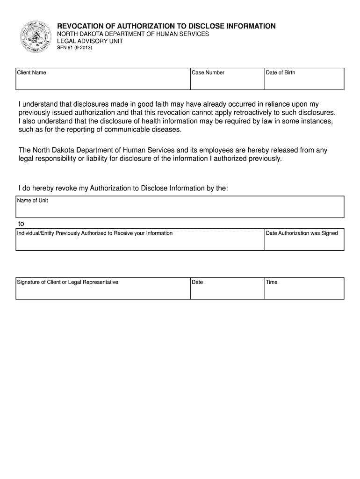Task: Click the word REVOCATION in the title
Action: [x=80, y=26]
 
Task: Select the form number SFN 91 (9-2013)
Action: [x=74, y=48]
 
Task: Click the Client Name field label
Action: [x=31, y=73]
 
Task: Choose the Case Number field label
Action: [x=208, y=73]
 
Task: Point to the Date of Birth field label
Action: [x=281, y=73]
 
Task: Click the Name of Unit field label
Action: [x=32, y=201]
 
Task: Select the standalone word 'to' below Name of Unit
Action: [x=21, y=224]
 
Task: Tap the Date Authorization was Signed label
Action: [x=302, y=233]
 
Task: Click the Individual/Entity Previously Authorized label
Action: [x=95, y=233]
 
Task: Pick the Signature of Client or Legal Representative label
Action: [x=68, y=282]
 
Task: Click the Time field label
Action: [x=272, y=282]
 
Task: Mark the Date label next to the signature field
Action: [x=197, y=282]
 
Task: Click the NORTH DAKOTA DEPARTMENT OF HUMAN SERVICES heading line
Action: [x=133, y=35]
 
